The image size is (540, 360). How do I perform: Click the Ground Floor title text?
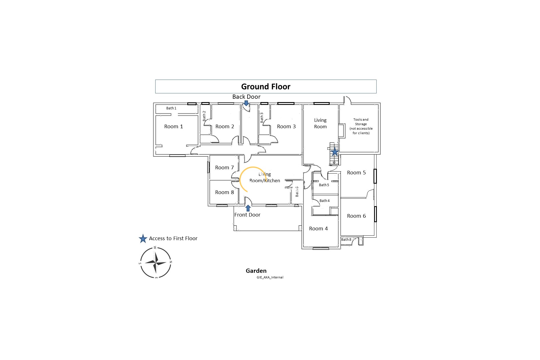pos(265,87)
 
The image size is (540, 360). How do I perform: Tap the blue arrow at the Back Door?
pos(246,103)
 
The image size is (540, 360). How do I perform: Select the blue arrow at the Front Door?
pos(248,208)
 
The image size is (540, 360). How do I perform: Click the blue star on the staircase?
pos(335,152)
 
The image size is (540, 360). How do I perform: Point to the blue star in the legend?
pos(143,238)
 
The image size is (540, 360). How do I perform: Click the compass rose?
pos(156,263)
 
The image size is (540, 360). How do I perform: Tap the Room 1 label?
pos(174,127)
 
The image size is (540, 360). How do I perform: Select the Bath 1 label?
pos(171,108)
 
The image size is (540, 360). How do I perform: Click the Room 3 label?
pos(286,127)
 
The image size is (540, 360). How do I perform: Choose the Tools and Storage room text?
pos(361,126)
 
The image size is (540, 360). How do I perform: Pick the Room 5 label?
pos(356,173)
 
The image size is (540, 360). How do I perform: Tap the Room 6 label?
pos(356,216)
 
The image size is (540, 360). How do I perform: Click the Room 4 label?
pos(318,229)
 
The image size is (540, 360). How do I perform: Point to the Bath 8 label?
pos(346,240)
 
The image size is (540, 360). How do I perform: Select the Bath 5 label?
pos(324,185)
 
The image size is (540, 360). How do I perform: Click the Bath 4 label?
pos(324,201)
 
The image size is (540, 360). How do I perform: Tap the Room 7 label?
pos(224,168)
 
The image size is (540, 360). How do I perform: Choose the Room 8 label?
pos(224,192)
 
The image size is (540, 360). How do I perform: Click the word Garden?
pos(256,271)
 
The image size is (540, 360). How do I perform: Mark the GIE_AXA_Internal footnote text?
pos(270,277)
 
